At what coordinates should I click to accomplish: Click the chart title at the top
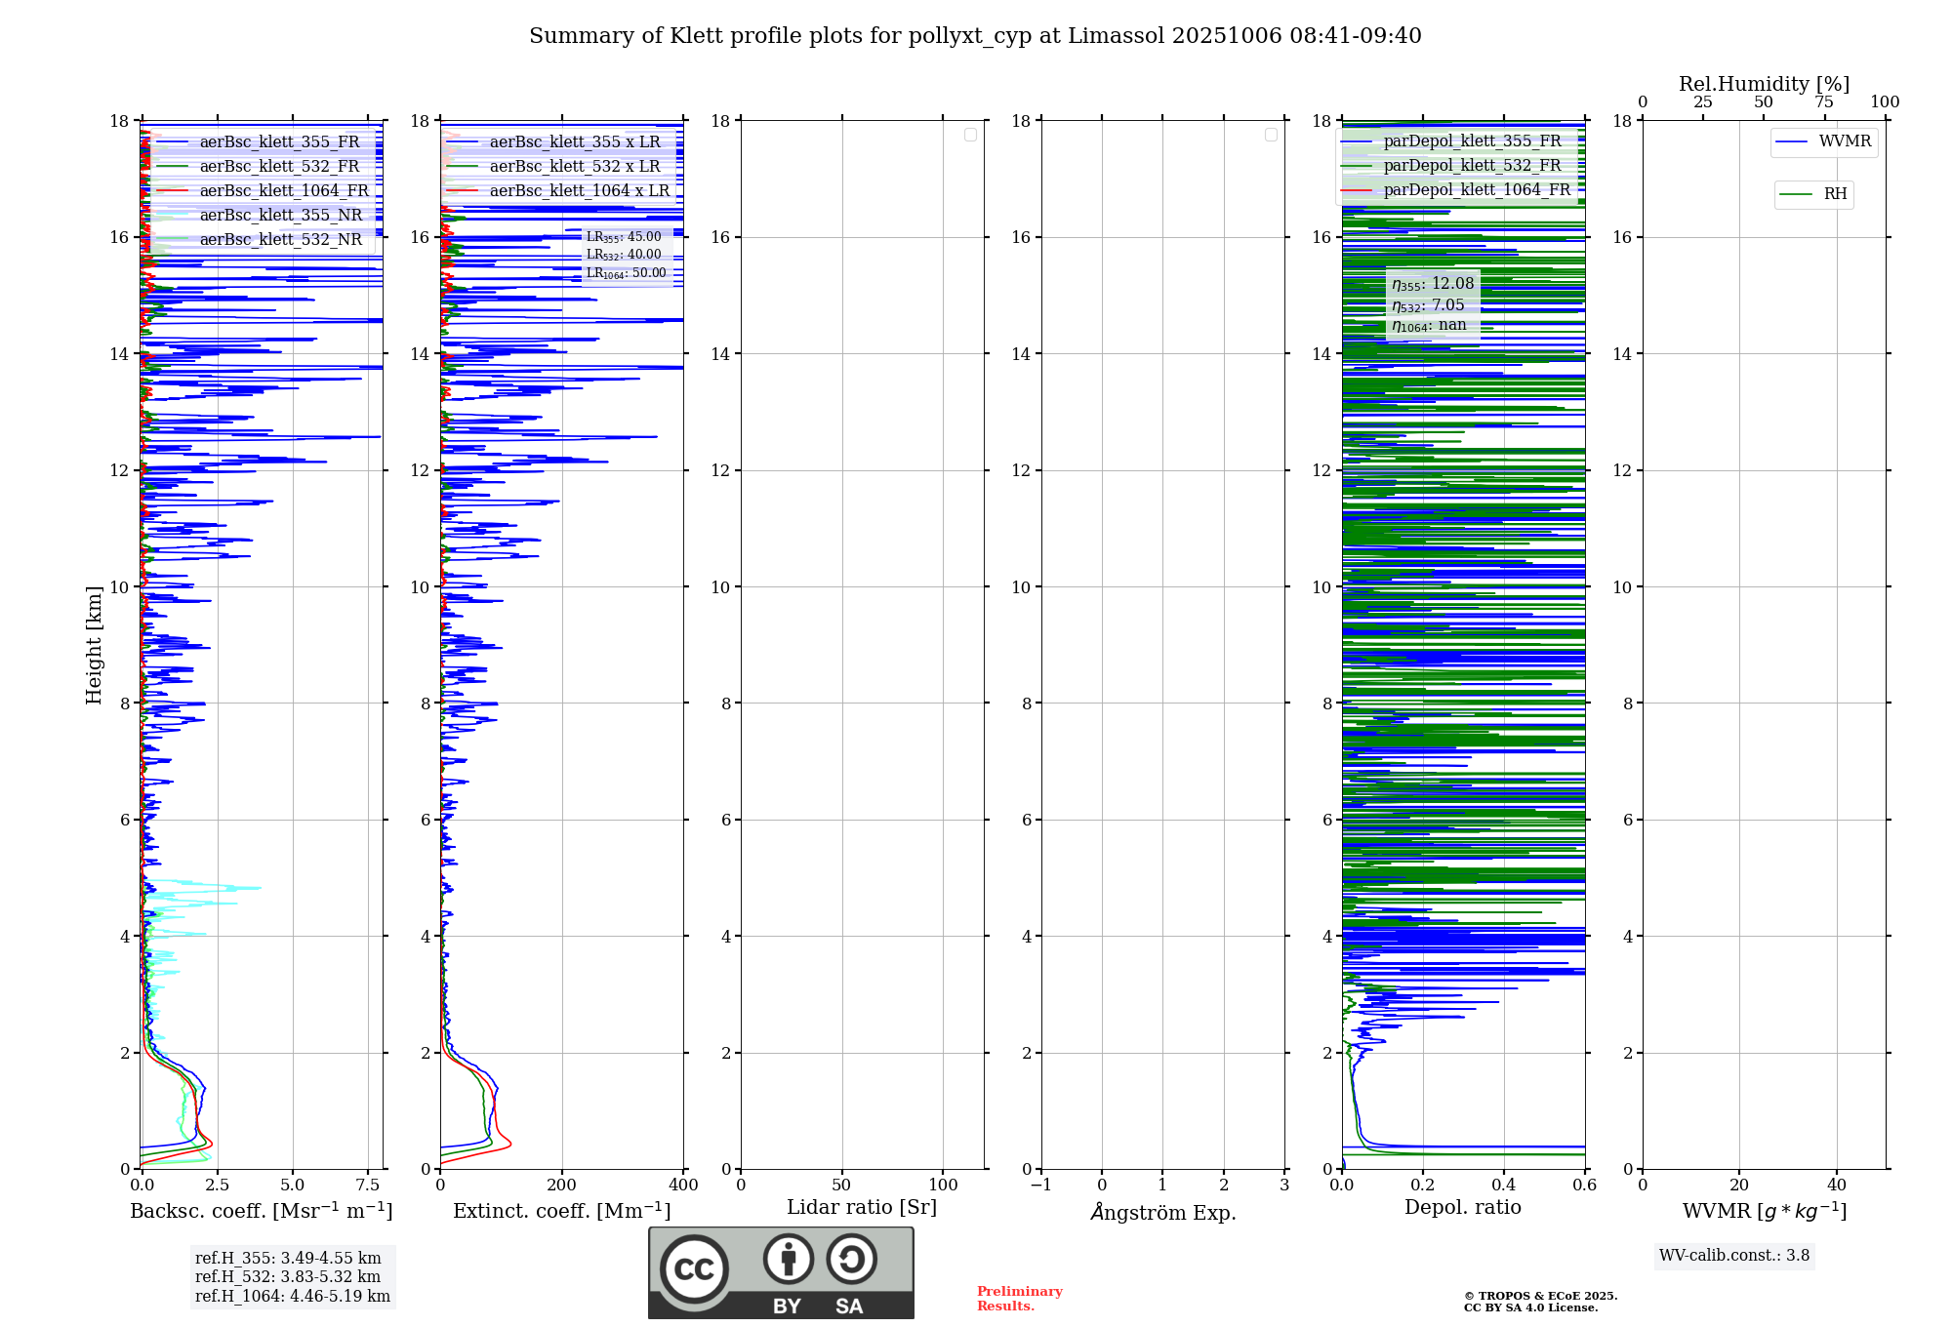975,36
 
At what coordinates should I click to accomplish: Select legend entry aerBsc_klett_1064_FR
284,190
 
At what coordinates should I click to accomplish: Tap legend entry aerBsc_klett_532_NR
280,239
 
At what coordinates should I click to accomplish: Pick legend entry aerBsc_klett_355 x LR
575,141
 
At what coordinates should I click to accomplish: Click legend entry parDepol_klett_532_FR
1472,165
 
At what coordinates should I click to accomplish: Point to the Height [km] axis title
94,645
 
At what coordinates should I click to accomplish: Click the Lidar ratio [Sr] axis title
862,1207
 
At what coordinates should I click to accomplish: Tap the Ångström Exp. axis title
1163,1212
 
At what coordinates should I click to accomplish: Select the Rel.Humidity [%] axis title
1764,84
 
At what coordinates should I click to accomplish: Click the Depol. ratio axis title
1462,1207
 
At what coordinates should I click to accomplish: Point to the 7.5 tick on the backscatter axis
368,1185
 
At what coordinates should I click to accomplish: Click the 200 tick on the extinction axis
562,1185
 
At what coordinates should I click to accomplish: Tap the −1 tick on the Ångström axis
1041,1185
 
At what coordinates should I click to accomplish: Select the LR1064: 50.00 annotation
626,273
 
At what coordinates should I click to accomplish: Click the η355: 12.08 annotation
1433,284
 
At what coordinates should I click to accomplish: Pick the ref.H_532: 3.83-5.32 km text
288,1276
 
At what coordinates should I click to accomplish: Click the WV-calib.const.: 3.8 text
1734,1255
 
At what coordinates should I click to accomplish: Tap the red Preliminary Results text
1019,1298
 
